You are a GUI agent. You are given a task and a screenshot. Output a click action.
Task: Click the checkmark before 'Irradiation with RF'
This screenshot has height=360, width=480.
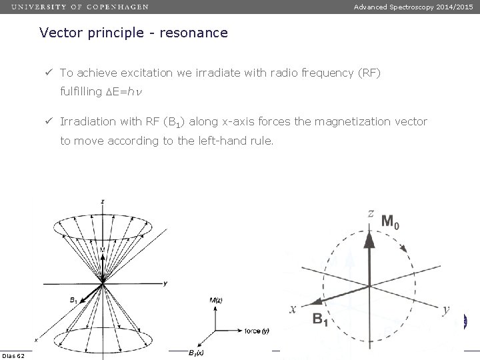tap(49, 121)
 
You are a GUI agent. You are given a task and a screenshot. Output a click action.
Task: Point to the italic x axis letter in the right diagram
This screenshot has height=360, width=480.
tap(292, 309)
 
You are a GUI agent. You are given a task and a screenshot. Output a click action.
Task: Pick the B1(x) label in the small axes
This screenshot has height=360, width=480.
tap(195, 353)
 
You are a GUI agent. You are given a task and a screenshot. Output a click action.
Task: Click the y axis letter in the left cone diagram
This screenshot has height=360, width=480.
tap(164, 283)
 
